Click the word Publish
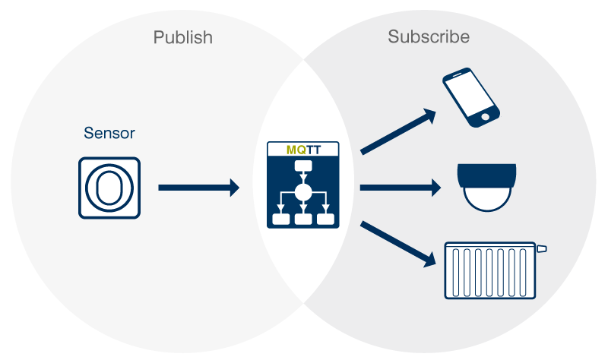(182, 37)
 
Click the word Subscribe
(429, 36)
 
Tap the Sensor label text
(109, 134)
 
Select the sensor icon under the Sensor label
(109, 188)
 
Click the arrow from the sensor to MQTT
(198, 188)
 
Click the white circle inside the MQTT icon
(303, 191)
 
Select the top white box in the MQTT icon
(303, 168)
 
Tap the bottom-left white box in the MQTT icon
(281, 219)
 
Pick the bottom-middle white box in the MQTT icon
(303, 219)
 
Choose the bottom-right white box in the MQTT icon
(325, 219)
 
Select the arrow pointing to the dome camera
(398, 188)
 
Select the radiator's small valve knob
(542, 248)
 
